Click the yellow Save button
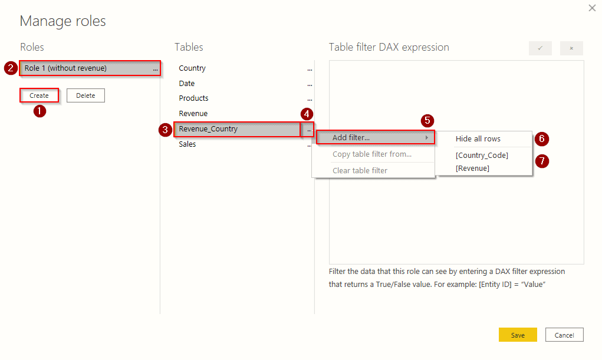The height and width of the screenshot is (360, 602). [517, 335]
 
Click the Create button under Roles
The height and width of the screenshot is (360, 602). [39, 95]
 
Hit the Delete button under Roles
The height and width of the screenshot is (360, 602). [85, 95]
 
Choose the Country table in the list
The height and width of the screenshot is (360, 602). [192, 68]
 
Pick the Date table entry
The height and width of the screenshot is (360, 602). [187, 84]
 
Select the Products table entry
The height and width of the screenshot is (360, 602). [193, 98]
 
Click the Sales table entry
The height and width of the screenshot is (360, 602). [187, 144]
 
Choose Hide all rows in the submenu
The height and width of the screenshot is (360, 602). [478, 139]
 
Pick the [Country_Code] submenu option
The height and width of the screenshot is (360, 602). [482, 156]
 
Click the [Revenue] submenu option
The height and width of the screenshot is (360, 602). [472, 169]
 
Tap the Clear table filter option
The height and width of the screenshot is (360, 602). [360, 170]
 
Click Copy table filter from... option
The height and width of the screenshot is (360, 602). [372, 154]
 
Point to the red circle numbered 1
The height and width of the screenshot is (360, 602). [40, 111]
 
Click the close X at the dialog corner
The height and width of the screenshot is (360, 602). [592, 8]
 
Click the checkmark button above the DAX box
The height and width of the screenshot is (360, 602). [540, 48]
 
